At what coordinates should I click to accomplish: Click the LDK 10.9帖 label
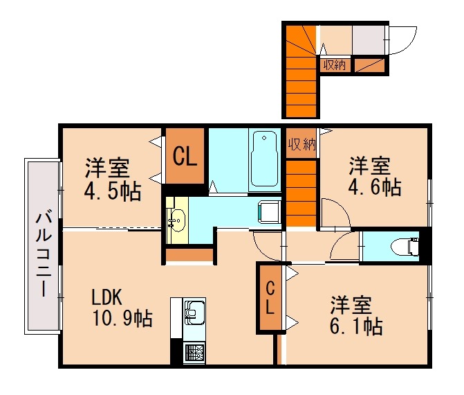click(x=121, y=308)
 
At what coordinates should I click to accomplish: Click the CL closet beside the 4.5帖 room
click(x=185, y=156)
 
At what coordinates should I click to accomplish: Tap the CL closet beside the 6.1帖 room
click(x=269, y=298)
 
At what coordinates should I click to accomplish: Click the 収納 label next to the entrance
click(x=335, y=65)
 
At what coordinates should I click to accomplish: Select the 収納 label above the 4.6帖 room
click(x=301, y=144)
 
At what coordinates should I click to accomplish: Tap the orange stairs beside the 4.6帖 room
click(x=301, y=190)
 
